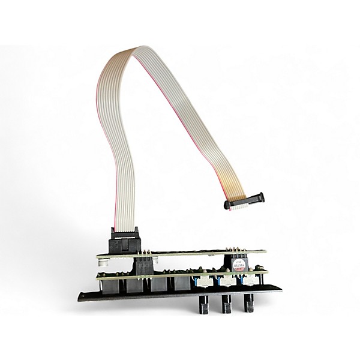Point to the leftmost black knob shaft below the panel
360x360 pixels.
[203, 305]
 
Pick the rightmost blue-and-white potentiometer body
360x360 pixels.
[246, 280]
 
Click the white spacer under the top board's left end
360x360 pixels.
[103, 263]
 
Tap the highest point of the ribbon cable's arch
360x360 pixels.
[142, 49]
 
